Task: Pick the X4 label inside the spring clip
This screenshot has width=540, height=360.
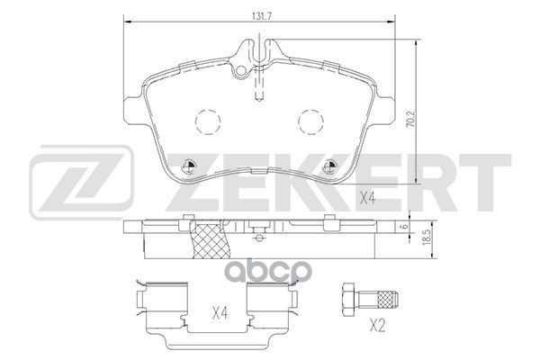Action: coord(218,313)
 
